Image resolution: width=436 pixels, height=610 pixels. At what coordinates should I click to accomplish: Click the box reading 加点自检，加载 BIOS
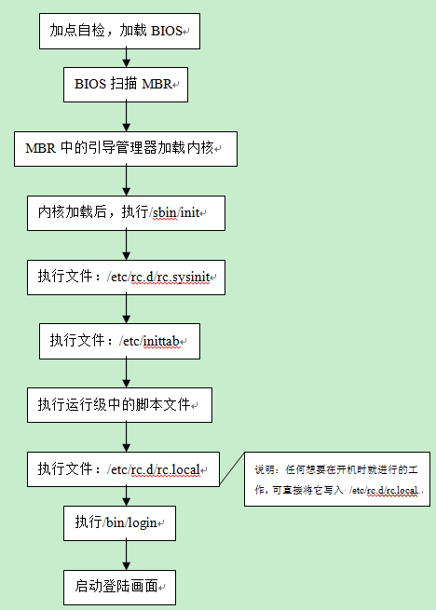pos(119,31)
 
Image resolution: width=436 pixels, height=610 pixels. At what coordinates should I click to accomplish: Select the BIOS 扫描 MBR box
pos(126,85)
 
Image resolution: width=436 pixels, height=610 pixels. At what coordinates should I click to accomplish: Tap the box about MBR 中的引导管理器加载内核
pos(126,149)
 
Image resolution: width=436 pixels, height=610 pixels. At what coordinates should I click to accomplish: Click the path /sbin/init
pos(174,212)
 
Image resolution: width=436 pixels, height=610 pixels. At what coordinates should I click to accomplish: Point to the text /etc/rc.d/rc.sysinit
pos(158,278)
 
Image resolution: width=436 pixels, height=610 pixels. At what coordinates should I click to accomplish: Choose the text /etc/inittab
pos(150,341)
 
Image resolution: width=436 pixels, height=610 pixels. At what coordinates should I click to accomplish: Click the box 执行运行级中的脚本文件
pos(119,405)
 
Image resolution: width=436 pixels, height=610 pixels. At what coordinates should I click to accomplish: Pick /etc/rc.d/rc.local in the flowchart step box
pos(154,469)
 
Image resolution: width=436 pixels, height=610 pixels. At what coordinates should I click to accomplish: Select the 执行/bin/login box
pos(119,523)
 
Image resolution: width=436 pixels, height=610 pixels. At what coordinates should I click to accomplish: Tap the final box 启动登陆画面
pos(119,588)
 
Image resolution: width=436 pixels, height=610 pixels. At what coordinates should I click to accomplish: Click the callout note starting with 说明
pos(337,479)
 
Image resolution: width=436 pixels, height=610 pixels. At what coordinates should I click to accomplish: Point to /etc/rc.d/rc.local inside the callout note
pos(384,490)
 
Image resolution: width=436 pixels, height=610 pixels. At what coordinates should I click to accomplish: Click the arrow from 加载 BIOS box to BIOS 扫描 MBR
pos(126,58)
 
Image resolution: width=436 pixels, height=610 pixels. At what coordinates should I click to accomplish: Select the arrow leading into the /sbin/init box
pos(126,182)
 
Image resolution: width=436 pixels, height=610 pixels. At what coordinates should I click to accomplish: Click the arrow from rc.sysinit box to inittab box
pos(126,309)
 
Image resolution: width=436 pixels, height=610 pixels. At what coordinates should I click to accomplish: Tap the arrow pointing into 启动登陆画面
pos(126,556)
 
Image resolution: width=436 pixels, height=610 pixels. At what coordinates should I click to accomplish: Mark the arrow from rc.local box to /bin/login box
pos(126,496)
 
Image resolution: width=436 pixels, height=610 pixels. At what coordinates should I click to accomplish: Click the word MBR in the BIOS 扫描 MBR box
pos(157,84)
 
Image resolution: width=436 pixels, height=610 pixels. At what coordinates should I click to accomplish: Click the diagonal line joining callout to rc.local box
pos(232,468)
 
